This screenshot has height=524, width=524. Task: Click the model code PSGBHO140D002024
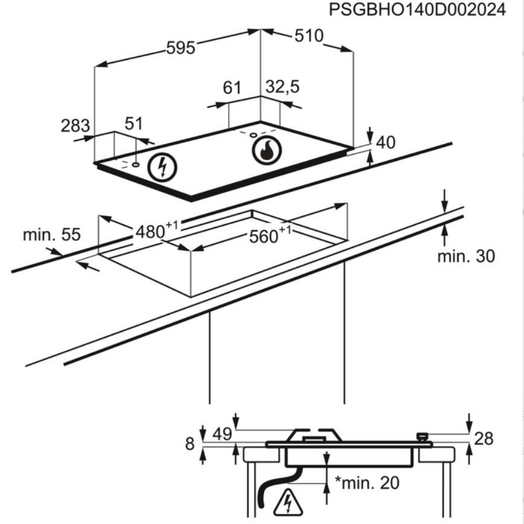coord(417,10)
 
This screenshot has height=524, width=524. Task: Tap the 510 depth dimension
coord(308,36)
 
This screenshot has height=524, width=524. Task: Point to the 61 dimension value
coord(232,88)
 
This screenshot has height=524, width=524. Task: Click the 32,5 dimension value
coord(283,87)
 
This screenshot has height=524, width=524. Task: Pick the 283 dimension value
coord(75,126)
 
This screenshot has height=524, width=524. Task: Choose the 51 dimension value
coord(133,124)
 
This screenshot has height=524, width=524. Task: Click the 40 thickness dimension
coord(386,143)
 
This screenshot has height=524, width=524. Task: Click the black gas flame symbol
coord(266,150)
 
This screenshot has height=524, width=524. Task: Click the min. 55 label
coord(51,235)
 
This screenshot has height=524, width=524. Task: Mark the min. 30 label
coord(465,256)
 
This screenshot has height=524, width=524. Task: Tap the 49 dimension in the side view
coord(223,433)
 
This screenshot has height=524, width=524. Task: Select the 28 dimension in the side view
coord(484,439)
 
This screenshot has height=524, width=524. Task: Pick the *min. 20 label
coord(368,482)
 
